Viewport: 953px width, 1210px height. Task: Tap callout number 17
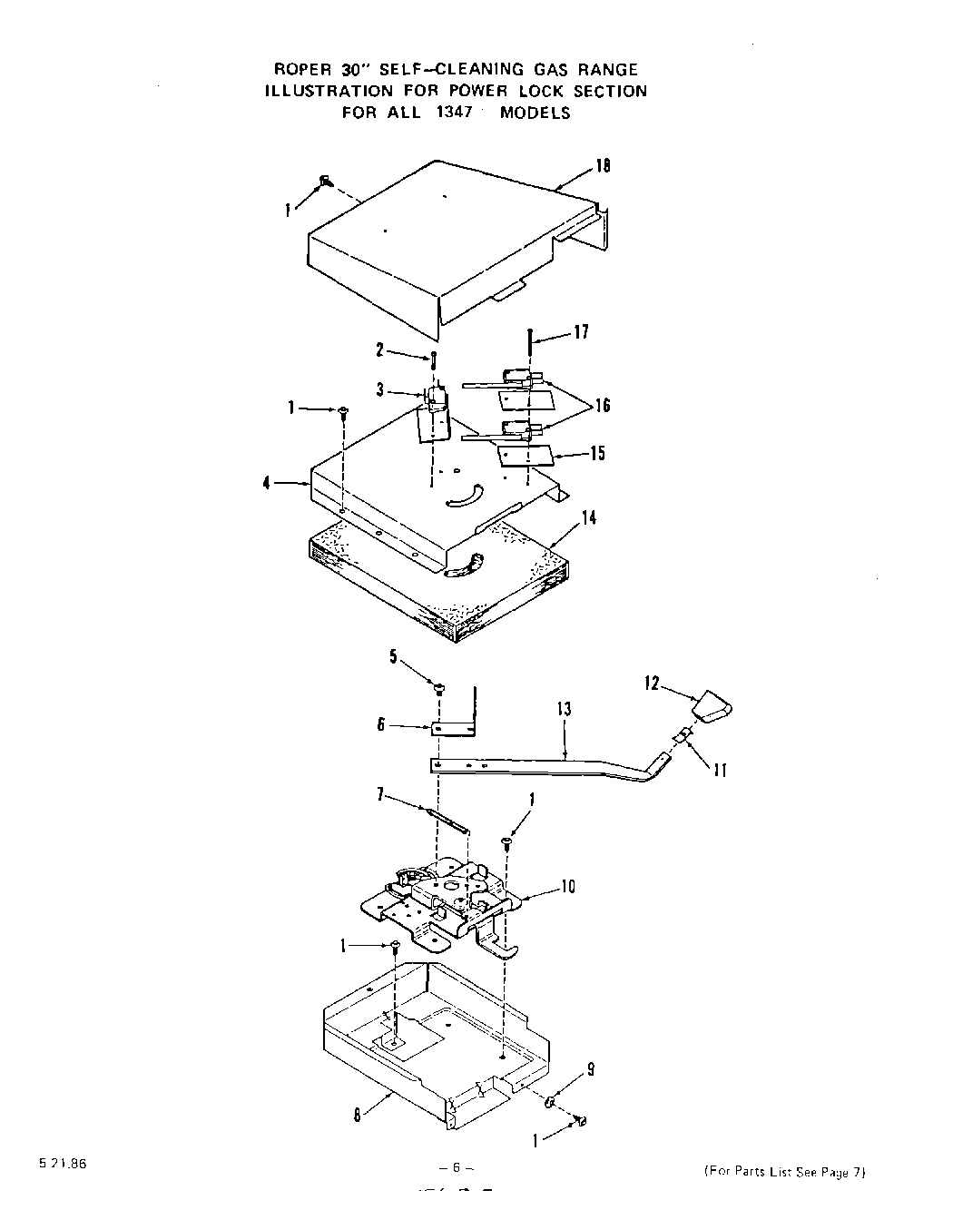[x=581, y=332]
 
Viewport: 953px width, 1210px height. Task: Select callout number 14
[x=589, y=517]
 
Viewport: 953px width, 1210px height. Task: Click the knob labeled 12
[x=714, y=707]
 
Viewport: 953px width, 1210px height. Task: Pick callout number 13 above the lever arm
[x=565, y=709]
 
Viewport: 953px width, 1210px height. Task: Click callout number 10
[x=568, y=886]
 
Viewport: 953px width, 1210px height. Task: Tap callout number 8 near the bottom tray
[x=358, y=1116]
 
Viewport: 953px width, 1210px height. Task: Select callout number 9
[x=591, y=1070]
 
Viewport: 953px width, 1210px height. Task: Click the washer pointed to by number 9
[x=550, y=1103]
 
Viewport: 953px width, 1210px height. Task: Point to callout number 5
[x=394, y=656]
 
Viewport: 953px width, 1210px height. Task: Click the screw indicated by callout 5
[x=439, y=687]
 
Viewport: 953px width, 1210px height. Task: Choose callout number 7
[x=381, y=795]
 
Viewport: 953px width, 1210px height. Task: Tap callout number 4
[x=267, y=484]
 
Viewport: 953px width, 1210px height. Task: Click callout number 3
[x=381, y=390]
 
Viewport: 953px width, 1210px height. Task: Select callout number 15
[x=597, y=453]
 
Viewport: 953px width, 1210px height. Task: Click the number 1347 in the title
[x=450, y=113]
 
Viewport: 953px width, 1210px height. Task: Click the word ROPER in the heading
[x=300, y=69]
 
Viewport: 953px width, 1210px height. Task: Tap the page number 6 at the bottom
[x=451, y=1167]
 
